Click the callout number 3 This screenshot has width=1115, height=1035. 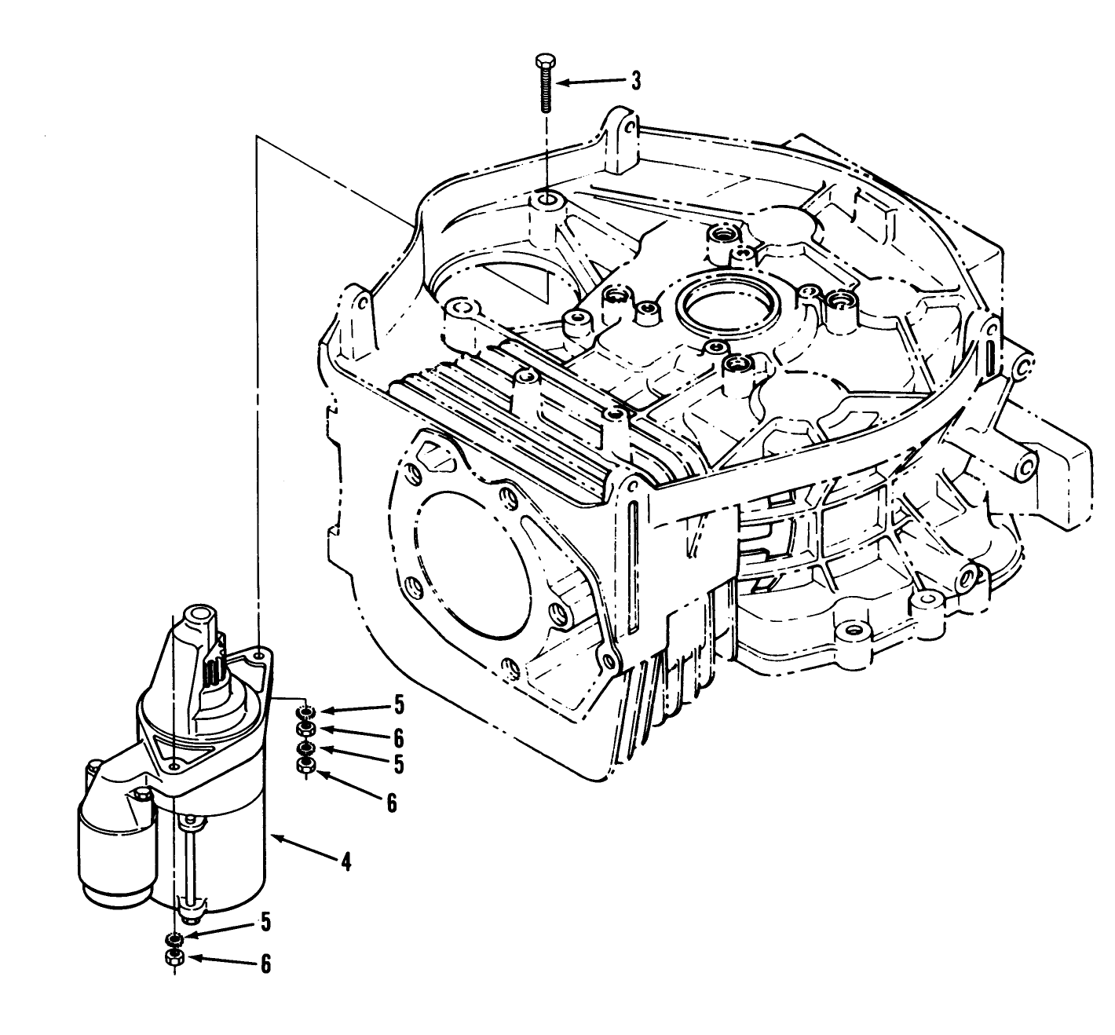(636, 80)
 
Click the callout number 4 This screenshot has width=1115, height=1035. (345, 861)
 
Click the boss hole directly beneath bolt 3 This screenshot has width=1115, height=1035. (546, 200)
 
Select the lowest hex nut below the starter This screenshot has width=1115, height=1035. (174, 957)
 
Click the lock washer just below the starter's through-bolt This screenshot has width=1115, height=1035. (174, 938)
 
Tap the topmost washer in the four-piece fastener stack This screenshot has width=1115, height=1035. (305, 712)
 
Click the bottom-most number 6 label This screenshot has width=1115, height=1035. (265, 964)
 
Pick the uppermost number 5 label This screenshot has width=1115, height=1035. (399, 706)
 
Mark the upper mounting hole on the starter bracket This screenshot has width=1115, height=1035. (259, 651)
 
